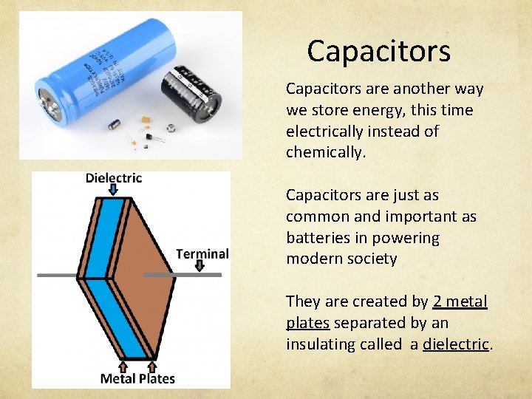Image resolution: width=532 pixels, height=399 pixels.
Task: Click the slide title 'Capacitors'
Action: [378, 51]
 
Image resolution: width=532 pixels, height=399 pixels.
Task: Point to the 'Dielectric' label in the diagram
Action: [114, 177]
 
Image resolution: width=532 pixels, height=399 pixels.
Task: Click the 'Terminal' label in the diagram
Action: [202, 253]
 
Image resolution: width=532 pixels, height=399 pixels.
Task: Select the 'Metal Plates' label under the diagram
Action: [138, 378]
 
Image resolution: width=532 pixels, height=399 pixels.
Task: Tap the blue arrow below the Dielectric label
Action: [114, 191]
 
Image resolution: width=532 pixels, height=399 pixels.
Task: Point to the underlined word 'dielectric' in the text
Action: [455, 344]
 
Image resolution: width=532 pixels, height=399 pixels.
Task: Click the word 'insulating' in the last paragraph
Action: [318, 344]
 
